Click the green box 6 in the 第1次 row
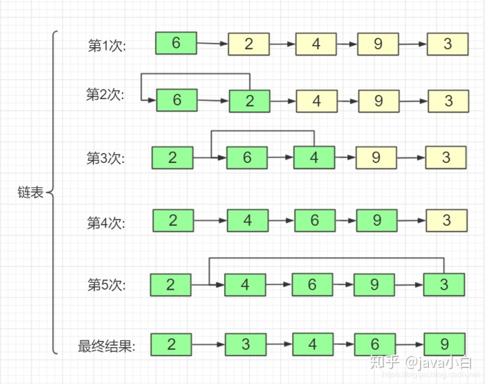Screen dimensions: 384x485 coord(176,43)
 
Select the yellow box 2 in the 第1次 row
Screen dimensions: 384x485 coord(249,44)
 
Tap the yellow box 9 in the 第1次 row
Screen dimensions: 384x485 coord(378,44)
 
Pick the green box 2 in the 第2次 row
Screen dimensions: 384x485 coord(249,101)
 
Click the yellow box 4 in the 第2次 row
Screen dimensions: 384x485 coord(317,101)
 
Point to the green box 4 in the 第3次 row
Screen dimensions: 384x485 coord(314,158)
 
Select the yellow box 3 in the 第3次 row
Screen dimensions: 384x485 coord(446,158)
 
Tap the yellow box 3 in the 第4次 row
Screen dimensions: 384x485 coord(447,220)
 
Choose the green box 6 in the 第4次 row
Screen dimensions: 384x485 coord(315,220)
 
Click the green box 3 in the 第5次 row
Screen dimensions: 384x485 coord(444,284)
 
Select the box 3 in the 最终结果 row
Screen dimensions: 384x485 coord(245,344)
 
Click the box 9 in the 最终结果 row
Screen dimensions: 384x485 coord(444,344)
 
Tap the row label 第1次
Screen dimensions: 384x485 coord(107,45)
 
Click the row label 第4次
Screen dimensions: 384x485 coord(106,222)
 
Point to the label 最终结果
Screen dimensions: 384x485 coord(106,347)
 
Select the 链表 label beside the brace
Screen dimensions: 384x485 coord(30,193)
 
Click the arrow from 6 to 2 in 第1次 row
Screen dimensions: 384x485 coord(212,44)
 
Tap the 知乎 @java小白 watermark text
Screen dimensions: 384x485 coord(420,362)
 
